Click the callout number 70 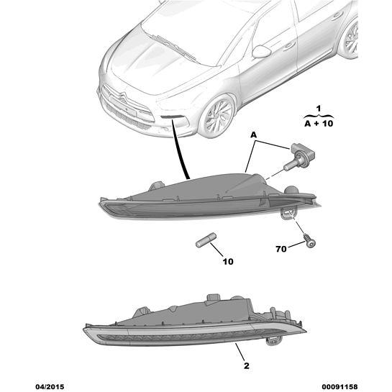click(x=281, y=249)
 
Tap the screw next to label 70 click(x=309, y=240)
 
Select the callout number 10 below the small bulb click(x=228, y=262)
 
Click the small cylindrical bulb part click(x=206, y=240)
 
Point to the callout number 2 click(x=247, y=366)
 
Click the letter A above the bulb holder click(x=253, y=135)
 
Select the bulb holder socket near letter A click(x=299, y=156)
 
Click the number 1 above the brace click(x=318, y=109)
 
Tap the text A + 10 click(x=319, y=124)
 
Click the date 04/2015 click(x=50, y=387)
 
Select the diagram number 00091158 click(x=339, y=387)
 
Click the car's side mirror click(x=262, y=52)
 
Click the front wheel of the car click(x=217, y=116)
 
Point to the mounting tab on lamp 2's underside click(x=273, y=341)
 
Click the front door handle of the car click(x=288, y=45)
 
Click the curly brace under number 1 click(x=319, y=116)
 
